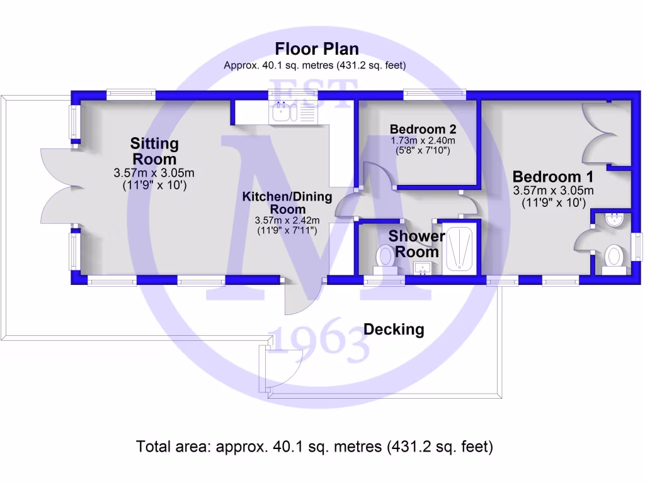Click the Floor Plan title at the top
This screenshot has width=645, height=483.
[317, 49]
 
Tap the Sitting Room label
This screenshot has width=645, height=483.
[154, 151]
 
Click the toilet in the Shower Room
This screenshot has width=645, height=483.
[385, 258]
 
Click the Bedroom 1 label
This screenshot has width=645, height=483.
[553, 177]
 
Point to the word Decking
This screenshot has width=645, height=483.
[394, 329]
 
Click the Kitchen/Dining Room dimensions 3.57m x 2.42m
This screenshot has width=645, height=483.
[287, 220]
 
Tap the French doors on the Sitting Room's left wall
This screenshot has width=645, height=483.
[60, 189]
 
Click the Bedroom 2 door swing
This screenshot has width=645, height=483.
[378, 176]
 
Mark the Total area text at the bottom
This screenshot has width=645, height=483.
[314, 447]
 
